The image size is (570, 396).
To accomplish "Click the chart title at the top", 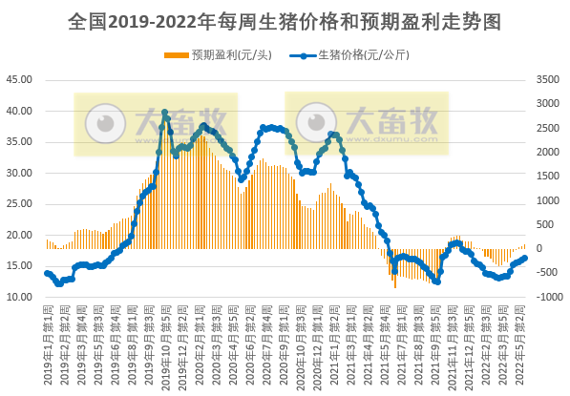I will point(285,20).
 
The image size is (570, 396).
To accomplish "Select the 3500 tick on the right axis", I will point(547,80).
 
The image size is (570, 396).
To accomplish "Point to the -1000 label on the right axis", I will point(547,297).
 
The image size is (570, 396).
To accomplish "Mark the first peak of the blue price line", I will point(164,113).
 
